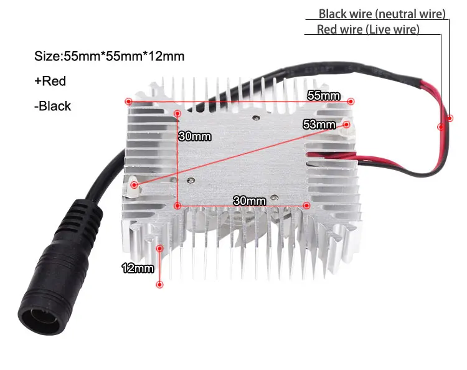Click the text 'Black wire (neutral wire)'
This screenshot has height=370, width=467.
pos(382,14)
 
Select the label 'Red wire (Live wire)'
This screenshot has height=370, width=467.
pos(368,29)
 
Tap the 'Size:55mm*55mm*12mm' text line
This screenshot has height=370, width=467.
pos(110,56)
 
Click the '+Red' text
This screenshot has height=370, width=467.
pos(50,81)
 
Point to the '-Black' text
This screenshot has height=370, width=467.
pos(53,106)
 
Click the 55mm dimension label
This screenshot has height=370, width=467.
pos(324,95)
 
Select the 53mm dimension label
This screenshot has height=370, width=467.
pos(319,124)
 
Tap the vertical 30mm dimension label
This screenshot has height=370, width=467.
pos(194,136)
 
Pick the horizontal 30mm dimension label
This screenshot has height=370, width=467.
pos(249,201)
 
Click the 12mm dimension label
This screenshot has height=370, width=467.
pos(138,268)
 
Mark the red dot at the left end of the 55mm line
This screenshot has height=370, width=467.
pos(128,101)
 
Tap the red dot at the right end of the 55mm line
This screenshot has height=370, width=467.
pos(351,101)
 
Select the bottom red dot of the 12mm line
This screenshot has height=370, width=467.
pos(160,285)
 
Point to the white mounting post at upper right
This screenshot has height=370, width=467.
pos(346,125)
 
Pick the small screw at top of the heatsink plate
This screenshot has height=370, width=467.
pos(255,116)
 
